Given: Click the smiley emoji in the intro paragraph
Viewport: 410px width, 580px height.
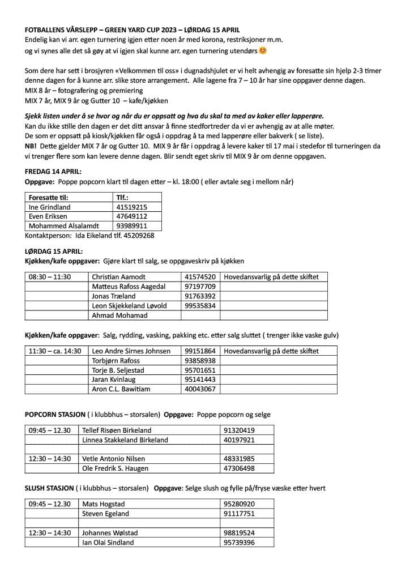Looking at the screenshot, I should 262,51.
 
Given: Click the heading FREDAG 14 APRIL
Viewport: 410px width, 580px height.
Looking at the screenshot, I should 53,171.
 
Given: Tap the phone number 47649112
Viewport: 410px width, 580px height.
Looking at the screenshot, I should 131,216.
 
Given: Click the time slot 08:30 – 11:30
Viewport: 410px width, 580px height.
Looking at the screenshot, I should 50,277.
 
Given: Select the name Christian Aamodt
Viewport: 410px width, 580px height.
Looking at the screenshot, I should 118,277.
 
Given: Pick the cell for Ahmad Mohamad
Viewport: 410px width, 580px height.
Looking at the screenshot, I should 119,315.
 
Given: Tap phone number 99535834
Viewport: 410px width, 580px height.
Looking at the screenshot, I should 200,306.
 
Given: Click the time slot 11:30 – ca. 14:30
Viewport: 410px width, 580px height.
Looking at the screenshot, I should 55,351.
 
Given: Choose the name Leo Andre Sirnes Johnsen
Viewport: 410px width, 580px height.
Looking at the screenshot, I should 131,351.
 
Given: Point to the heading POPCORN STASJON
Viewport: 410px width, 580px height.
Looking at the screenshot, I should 55,415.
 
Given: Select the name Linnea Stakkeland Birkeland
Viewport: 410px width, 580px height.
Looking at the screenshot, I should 125,440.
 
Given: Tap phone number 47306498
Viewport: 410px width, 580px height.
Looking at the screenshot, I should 239,468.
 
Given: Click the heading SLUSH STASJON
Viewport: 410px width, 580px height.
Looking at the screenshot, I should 49,488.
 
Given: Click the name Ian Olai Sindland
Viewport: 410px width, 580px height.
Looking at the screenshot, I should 108,543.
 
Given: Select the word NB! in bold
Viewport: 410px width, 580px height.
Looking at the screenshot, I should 31,146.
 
